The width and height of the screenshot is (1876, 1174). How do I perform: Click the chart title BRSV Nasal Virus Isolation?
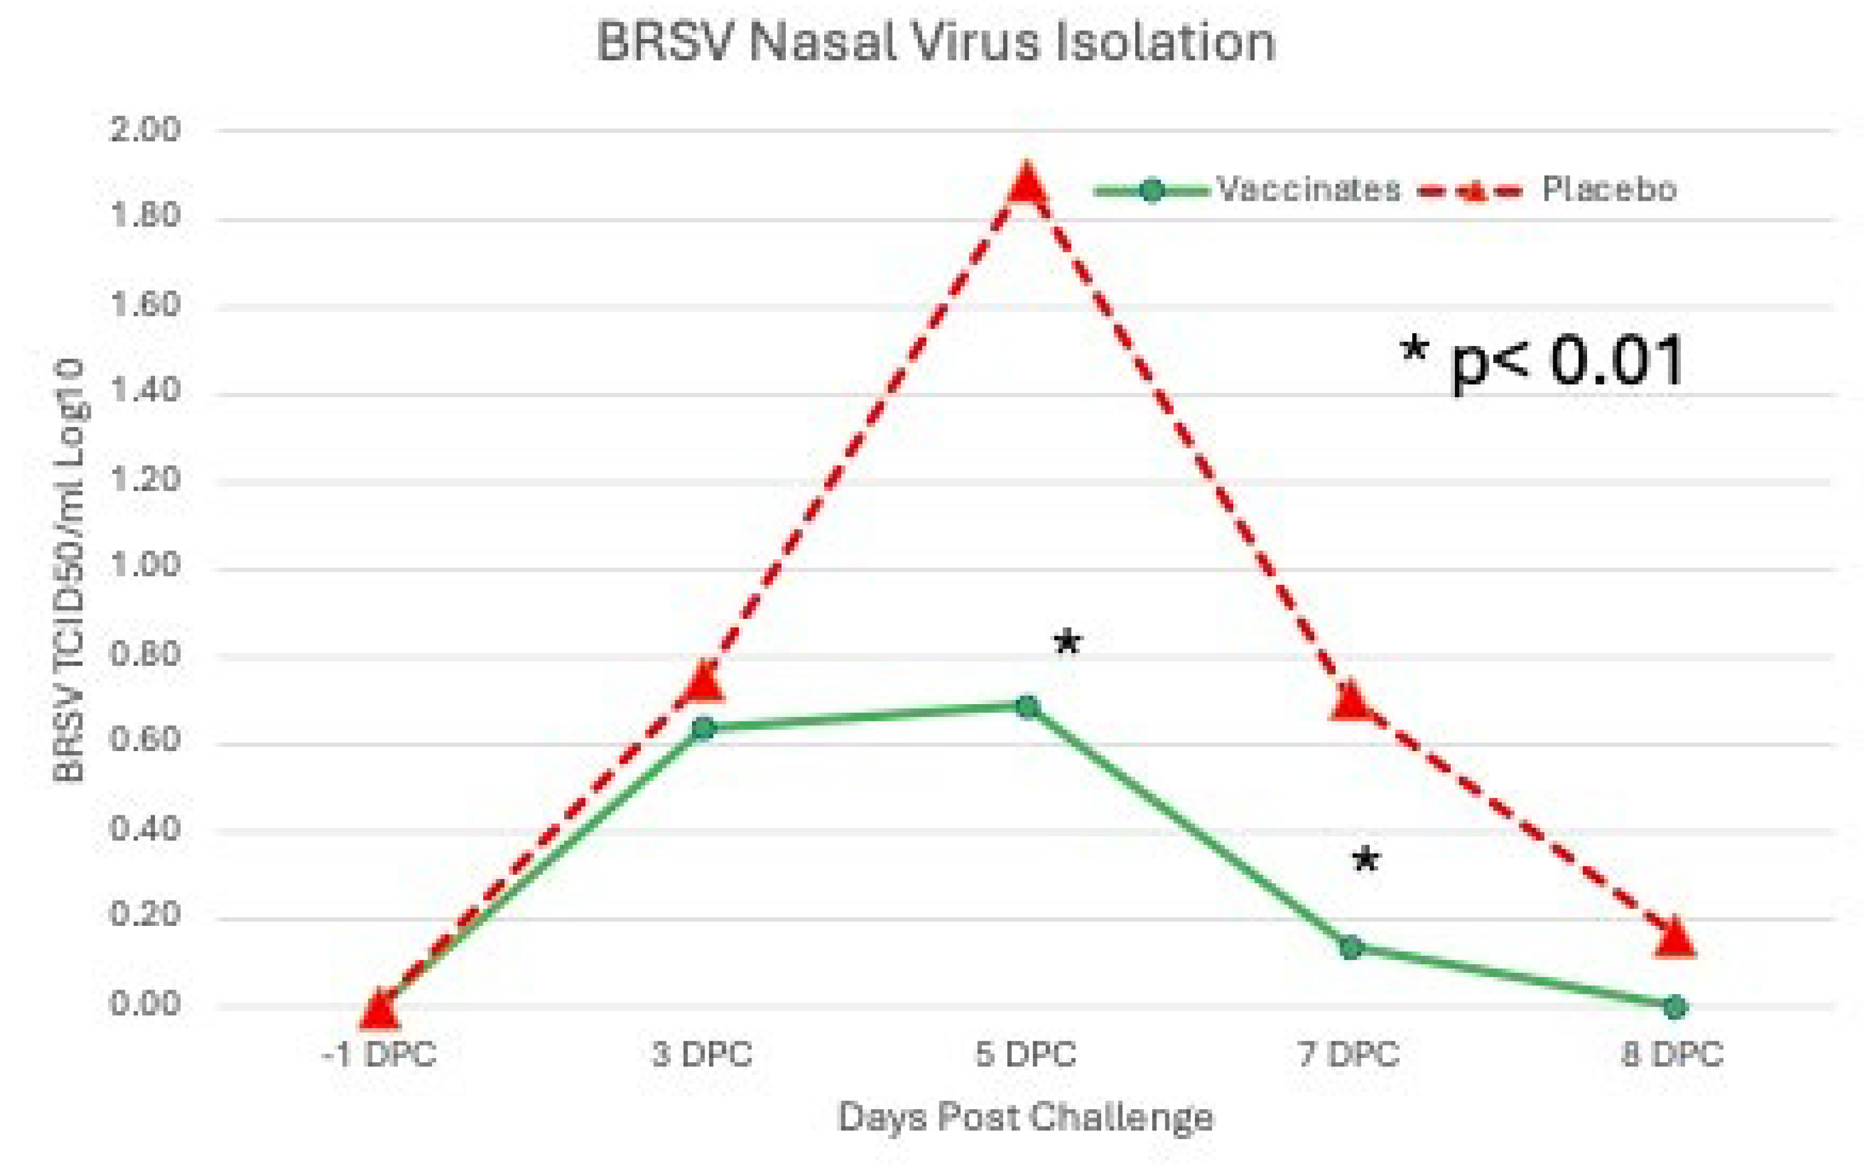(935, 43)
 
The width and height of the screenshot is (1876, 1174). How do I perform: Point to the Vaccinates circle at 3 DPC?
(703, 728)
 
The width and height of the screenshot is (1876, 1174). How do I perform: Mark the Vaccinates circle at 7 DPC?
(1352, 947)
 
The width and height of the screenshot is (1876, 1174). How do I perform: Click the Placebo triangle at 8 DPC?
(1675, 937)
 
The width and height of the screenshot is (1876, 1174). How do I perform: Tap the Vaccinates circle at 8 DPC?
(1675, 1007)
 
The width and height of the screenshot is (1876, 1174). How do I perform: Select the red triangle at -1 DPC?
(379, 1009)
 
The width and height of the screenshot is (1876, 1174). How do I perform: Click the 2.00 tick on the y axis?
(145, 130)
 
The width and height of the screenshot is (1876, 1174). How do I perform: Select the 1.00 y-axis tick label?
(145, 566)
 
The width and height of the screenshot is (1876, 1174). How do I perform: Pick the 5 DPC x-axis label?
(1025, 1054)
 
